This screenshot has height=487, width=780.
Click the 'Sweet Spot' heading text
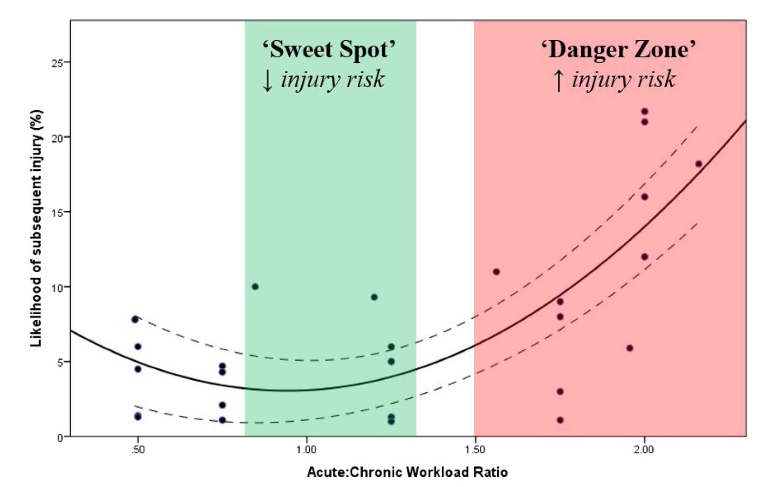(x=329, y=49)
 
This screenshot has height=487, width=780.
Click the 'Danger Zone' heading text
(x=619, y=49)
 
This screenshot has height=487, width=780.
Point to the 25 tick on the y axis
(x=60, y=62)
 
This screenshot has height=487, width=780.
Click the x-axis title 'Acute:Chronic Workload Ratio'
(x=407, y=472)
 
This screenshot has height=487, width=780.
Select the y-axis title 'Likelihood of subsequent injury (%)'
(x=36, y=228)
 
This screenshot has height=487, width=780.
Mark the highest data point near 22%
(x=645, y=112)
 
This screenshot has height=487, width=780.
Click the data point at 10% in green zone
(x=255, y=287)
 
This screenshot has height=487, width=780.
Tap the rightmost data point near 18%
(x=699, y=164)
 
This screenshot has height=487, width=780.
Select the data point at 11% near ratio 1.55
(x=496, y=272)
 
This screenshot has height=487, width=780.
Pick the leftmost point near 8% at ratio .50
(x=135, y=319)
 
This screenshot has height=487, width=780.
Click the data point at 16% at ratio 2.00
(x=645, y=197)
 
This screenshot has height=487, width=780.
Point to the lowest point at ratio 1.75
(x=560, y=420)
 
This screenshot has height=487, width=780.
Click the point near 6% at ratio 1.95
(x=630, y=348)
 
